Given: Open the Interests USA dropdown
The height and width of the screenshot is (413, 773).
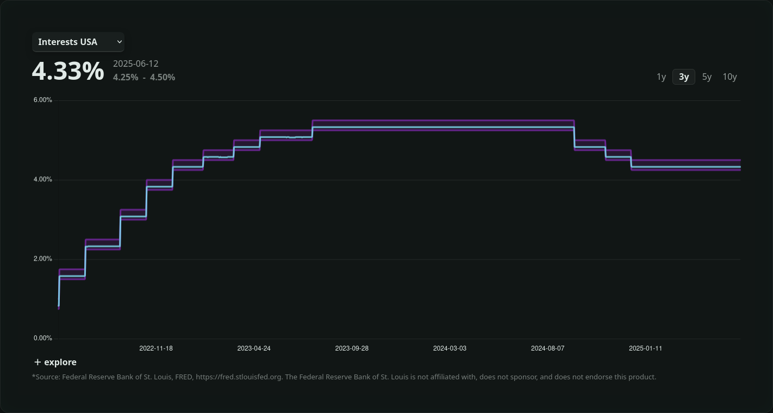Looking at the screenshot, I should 78,42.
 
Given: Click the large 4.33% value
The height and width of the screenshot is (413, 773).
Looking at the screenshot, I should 68,71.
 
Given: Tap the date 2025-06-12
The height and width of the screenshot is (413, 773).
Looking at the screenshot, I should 136,63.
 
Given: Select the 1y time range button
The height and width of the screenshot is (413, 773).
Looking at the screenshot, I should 661,77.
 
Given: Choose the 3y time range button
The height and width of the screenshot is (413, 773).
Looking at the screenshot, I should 684,77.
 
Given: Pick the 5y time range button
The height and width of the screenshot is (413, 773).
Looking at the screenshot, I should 707,77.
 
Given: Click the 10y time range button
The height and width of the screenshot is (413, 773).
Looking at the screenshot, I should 730,77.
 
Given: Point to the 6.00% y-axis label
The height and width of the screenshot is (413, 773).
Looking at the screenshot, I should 43,100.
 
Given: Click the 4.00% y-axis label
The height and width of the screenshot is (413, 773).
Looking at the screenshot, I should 43,180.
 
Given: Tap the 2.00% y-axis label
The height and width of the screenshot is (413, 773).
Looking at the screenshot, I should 43,259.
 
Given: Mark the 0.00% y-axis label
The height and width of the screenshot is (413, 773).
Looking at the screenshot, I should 43,338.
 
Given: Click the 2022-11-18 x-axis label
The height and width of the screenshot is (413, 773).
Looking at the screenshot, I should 156,348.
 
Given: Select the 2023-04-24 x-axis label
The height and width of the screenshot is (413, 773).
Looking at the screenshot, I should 254,348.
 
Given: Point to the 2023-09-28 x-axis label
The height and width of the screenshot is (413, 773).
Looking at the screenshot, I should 352,348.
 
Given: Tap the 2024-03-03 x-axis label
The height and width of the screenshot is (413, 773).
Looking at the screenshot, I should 450,348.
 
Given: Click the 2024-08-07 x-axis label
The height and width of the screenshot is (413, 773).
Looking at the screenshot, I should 547,348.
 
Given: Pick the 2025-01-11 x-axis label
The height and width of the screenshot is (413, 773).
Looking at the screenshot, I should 645,348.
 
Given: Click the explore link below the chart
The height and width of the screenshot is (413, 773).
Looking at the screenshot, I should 55,362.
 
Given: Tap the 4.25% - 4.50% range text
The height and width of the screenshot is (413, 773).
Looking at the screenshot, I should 144,77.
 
